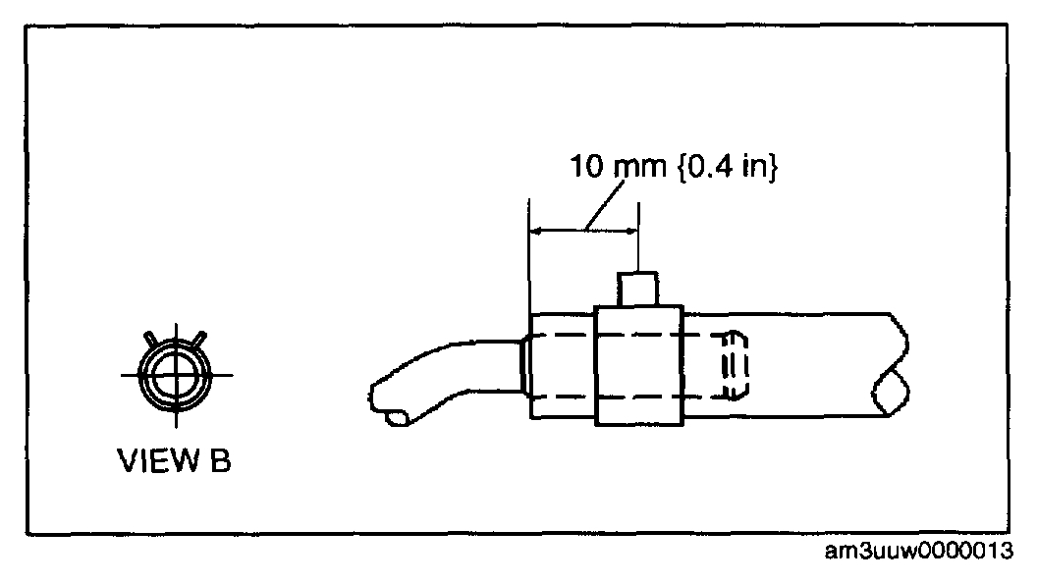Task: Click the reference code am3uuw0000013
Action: (919, 551)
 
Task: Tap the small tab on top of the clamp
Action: (639, 291)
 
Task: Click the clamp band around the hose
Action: (639, 366)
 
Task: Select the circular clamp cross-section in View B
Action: (175, 375)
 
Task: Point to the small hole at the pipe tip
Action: (399, 419)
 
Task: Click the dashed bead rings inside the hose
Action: (736, 366)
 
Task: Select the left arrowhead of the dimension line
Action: (536, 231)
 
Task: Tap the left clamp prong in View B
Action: (150, 339)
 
